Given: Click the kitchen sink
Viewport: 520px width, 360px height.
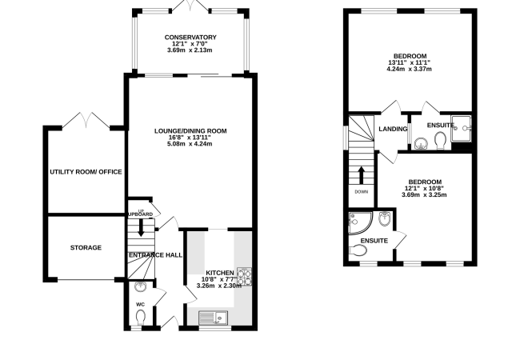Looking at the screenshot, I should (x=215, y=318).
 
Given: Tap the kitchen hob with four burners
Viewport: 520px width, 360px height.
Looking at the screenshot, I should (x=244, y=276).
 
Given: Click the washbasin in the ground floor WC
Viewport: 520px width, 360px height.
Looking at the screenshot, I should (x=142, y=288).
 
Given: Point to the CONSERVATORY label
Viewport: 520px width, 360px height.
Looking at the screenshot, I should (x=190, y=38).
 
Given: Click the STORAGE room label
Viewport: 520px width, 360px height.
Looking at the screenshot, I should (x=86, y=248).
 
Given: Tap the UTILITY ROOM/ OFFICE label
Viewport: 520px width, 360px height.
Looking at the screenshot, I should (x=85, y=172).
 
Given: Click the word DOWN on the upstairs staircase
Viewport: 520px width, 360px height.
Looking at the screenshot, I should (x=361, y=191).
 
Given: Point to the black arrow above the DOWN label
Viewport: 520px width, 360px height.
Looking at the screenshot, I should (x=361, y=174).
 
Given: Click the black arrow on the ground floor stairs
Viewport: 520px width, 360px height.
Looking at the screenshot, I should (x=142, y=227).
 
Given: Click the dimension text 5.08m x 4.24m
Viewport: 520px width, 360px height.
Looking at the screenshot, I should (x=190, y=144).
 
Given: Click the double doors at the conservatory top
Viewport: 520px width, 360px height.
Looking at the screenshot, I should (x=190, y=6).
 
